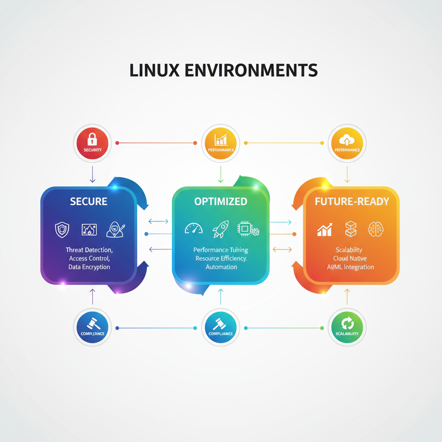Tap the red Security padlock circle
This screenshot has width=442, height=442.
click(92, 142)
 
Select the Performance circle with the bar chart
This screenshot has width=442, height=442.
click(221, 142)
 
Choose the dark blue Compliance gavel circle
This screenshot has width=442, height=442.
click(92, 327)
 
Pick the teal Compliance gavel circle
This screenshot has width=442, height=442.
click(221, 327)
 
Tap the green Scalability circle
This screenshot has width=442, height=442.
click(347, 327)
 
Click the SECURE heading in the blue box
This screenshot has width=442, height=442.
click(89, 202)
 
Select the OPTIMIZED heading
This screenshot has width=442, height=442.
click(221, 202)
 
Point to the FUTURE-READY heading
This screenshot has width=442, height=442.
click(352, 202)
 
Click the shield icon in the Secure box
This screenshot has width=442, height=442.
click(62, 229)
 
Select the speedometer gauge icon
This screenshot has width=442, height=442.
click(193, 229)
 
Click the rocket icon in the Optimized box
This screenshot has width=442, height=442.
click(220, 230)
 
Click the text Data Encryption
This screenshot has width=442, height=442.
click(89, 267)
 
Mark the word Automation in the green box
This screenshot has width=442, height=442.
click(221, 267)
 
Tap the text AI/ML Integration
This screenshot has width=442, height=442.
click(350, 267)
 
